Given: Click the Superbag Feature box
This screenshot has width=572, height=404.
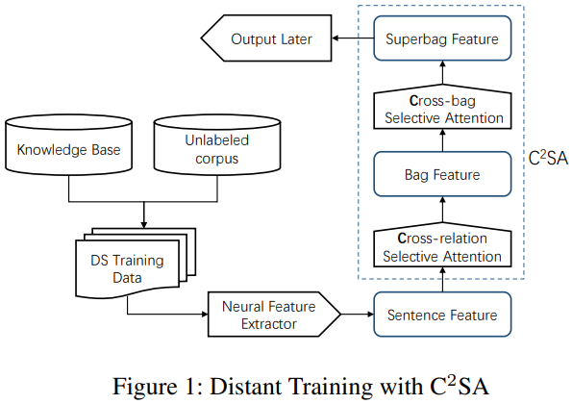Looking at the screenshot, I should [442, 39].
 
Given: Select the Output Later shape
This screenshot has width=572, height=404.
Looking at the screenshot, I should [261, 39].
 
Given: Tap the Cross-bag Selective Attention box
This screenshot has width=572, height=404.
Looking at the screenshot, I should [442, 109].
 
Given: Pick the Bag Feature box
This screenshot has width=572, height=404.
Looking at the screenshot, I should [442, 175].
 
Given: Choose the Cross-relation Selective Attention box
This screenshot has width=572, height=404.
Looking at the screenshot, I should [442, 247].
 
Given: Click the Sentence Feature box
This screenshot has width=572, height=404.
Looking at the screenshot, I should [442, 315].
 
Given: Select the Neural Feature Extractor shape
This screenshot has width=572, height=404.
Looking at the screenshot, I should [274, 316].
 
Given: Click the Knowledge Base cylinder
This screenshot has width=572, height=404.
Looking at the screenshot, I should [68, 149].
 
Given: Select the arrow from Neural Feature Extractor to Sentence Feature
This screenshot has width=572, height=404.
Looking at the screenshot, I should [357, 316].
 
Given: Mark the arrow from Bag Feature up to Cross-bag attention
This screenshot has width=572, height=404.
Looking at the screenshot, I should [442, 142].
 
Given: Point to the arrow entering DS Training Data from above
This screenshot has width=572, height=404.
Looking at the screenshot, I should [143, 214].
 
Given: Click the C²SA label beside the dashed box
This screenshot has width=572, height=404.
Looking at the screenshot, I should [549, 156].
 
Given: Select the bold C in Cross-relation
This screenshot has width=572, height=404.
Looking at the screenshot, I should [403, 238].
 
